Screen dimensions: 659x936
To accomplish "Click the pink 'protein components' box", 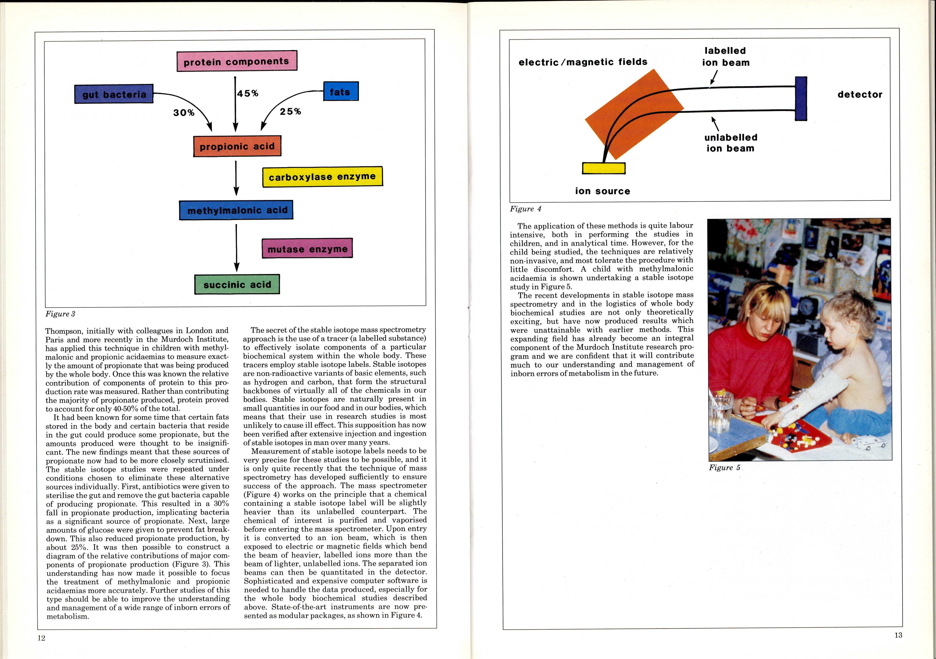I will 236,61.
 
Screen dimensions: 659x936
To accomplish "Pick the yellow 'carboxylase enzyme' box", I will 322,177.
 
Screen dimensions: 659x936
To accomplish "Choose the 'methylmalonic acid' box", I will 236,210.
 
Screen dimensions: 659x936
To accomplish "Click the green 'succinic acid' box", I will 237,284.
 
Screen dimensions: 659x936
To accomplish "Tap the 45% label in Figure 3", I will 248,93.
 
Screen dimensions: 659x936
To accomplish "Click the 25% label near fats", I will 290,111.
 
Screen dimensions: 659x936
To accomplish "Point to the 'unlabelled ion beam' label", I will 731,143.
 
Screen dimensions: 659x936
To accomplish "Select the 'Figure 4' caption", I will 525,209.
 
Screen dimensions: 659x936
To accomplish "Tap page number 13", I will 898,635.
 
